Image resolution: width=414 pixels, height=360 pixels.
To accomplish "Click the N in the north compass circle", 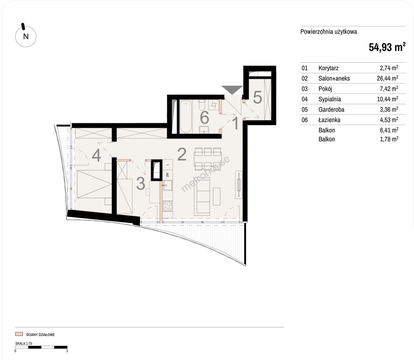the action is (26, 37).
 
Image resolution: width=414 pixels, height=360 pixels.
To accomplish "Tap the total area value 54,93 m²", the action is (387, 47).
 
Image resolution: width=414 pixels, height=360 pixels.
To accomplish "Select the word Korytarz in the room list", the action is (328, 68).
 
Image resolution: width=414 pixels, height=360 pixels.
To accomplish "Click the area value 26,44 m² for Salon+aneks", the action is (387, 78).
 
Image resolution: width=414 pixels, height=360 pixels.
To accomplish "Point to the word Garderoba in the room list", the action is (331, 109).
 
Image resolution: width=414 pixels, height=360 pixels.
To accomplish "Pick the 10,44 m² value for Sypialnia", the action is (387, 99).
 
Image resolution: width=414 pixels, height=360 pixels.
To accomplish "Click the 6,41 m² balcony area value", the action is (389, 130).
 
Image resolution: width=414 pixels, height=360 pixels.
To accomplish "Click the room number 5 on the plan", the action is (257, 97).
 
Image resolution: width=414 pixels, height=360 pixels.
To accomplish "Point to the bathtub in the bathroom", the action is (186, 117).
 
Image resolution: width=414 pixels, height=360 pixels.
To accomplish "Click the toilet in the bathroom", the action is (202, 105).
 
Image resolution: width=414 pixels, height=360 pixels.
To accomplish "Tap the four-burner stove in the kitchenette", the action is (168, 206).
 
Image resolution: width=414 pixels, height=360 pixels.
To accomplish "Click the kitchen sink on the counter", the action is (168, 185).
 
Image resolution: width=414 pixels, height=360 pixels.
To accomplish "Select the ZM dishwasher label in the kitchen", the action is (167, 175).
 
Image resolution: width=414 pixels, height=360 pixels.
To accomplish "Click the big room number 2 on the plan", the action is (182, 154).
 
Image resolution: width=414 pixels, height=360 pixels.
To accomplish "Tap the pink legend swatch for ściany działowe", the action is (19, 334).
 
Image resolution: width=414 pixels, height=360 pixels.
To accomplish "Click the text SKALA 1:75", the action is (24, 343).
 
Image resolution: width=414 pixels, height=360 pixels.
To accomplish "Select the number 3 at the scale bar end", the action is (67, 351).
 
